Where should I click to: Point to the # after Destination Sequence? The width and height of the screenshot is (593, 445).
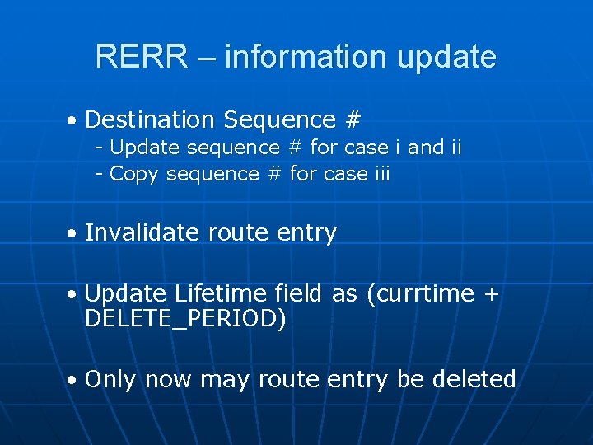tap(353, 119)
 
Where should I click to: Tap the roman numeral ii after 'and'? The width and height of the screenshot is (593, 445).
tap(456, 148)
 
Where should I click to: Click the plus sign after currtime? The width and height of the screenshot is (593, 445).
tap(492, 294)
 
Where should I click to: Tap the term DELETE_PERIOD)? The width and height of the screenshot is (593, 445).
tap(185, 319)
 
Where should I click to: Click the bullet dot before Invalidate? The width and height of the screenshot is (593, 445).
tap(73, 235)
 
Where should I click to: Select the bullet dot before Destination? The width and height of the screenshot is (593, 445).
tap(73, 121)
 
